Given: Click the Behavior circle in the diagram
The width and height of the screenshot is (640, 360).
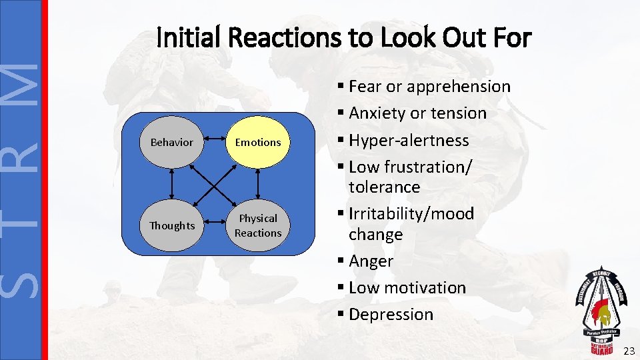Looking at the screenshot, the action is pyautogui.click(x=172, y=142).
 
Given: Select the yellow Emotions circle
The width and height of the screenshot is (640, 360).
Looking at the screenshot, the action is pyautogui.click(x=258, y=142).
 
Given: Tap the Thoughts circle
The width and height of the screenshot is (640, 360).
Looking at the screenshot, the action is pyautogui.click(x=172, y=225).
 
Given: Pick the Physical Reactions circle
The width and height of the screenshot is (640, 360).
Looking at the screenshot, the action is pyautogui.click(x=258, y=225).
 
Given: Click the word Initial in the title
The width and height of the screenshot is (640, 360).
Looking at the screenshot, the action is pyautogui.click(x=189, y=38).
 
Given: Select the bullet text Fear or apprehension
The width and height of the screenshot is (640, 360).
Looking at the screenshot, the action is pyautogui.click(x=429, y=87).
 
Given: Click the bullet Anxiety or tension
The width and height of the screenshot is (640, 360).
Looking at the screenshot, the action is pyautogui.click(x=417, y=113).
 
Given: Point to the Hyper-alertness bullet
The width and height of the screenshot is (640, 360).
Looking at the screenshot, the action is pyautogui.click(x=409, y=141).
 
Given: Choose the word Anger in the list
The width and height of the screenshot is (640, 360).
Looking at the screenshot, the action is pyautogui.click(x=371, y=261).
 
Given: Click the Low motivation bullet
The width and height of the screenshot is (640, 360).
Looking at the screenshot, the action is pyautogui.click(x=407, y=288).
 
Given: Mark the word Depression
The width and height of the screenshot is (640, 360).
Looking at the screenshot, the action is pyautogui.click(x=391, y=315).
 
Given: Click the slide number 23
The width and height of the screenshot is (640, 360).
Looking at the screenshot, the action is pyautogui.click(x=627, y=351).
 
